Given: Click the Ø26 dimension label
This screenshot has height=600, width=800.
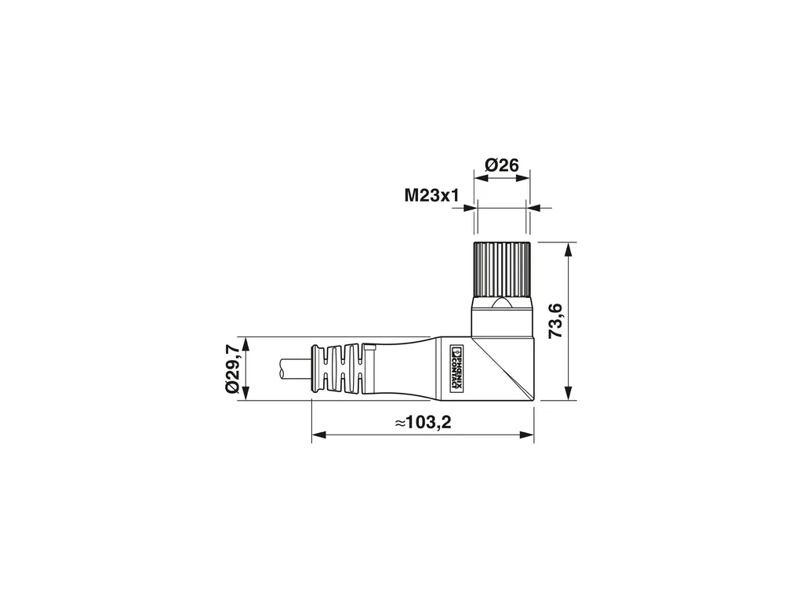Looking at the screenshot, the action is point(501,165).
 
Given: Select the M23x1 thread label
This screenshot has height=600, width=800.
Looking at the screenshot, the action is point(431,195).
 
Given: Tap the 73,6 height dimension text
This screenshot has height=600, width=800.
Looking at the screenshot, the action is point(555,321).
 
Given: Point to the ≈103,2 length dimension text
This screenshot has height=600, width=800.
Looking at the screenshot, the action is point(423,422).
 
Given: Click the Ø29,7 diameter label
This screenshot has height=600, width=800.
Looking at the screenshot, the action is point(231,369).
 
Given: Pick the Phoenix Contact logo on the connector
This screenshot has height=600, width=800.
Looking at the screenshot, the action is point(457,369).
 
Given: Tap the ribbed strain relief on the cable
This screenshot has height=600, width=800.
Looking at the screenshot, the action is point(340,369).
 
